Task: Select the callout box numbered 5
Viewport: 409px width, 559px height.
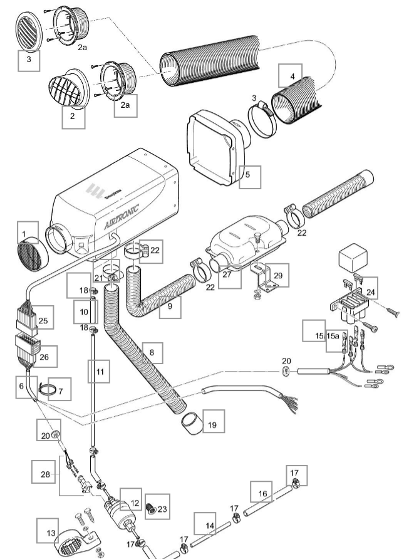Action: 249,177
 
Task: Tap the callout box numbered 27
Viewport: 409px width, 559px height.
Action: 230,274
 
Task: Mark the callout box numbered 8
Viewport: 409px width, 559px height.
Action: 153,352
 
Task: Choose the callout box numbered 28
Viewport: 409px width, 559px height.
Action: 44,474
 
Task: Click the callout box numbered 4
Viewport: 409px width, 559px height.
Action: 291,75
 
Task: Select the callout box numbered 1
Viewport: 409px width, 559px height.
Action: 23,232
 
